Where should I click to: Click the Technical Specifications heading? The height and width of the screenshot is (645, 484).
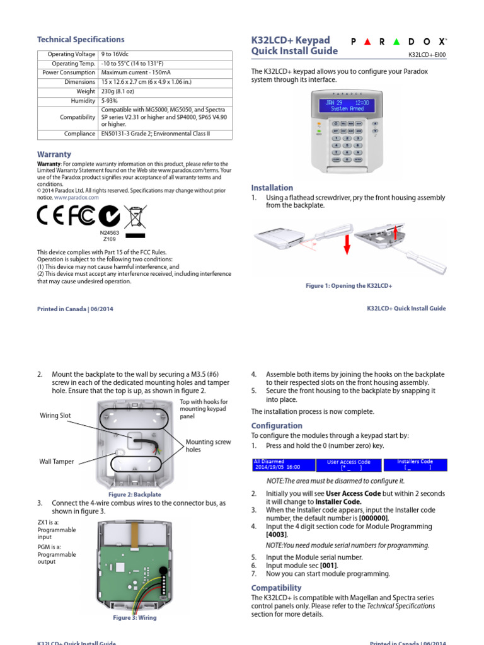point(81,39)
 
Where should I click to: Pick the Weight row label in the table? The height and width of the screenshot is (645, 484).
point(85,91)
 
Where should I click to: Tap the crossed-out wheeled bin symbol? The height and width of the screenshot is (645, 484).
point(135,217)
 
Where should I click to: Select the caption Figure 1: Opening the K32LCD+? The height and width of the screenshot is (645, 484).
point(349,286)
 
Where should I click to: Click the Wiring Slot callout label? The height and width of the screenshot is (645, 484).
point(55,416)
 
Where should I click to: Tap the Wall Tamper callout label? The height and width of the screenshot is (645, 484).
point(56,462)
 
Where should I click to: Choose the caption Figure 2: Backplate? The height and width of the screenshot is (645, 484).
point(135,494)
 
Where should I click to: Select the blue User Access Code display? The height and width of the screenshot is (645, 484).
point(349,465)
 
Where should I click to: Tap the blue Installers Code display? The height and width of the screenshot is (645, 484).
point(415,465)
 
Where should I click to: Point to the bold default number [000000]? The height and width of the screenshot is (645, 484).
point(373,518)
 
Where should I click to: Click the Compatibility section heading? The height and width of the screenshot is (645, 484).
point(276,588)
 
